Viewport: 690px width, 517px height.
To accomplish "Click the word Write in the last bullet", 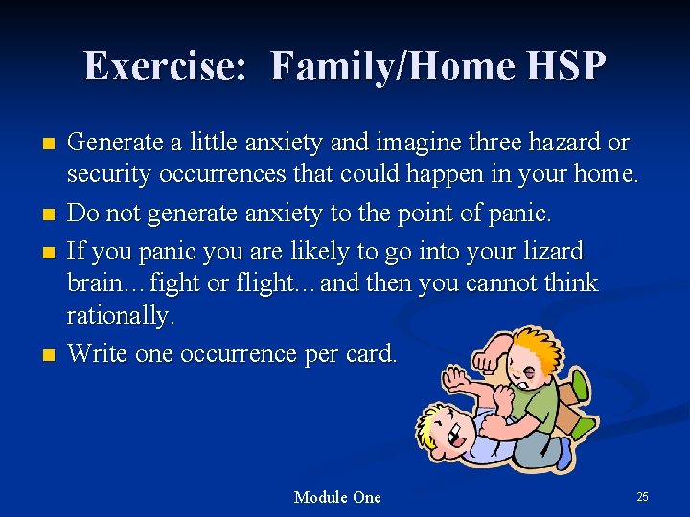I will point(99,353).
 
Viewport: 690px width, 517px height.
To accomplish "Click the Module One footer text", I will point(337,497).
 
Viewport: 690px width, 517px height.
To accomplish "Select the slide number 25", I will point(642,496).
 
